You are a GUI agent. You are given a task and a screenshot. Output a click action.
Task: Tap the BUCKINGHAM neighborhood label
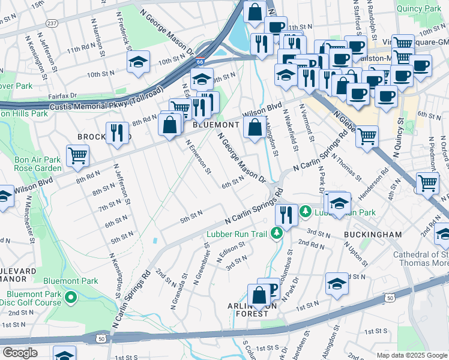point(369,235)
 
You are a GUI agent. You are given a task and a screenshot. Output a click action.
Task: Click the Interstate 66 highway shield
point(199,61)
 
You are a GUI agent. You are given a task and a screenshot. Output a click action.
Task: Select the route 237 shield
point(52,23)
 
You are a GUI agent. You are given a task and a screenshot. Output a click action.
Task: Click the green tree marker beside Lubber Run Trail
point(277,233)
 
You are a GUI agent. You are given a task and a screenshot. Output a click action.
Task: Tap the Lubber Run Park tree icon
point(306,212)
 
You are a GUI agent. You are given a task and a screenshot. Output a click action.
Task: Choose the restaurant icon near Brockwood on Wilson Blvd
point(118,133)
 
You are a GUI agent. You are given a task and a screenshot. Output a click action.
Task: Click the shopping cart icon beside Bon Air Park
point(77,155)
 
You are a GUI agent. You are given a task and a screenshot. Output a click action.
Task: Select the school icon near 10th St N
point(139,62)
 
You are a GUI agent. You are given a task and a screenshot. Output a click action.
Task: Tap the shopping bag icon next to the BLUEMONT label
point(255,127)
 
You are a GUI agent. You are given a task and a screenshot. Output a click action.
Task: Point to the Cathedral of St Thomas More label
point(420,259)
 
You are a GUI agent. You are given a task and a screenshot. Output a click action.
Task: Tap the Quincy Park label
point(419,8)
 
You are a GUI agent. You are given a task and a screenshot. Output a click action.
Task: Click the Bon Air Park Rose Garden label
point(38,164)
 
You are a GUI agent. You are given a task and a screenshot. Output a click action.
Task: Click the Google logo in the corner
point(20,353)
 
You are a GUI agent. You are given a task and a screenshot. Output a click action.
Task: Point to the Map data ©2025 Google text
point(411,355)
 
